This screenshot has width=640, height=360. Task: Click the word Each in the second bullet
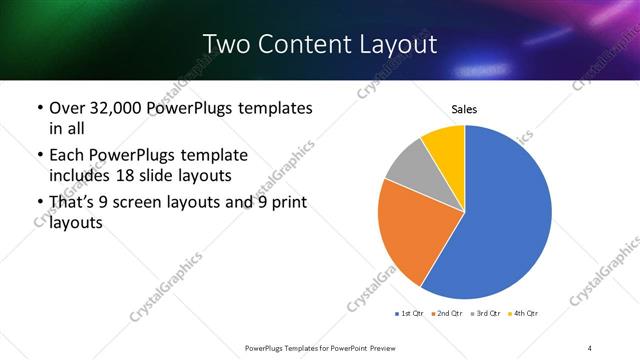(x=67, y=156)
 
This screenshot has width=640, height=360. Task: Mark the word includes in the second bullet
(x=83, y=175)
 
